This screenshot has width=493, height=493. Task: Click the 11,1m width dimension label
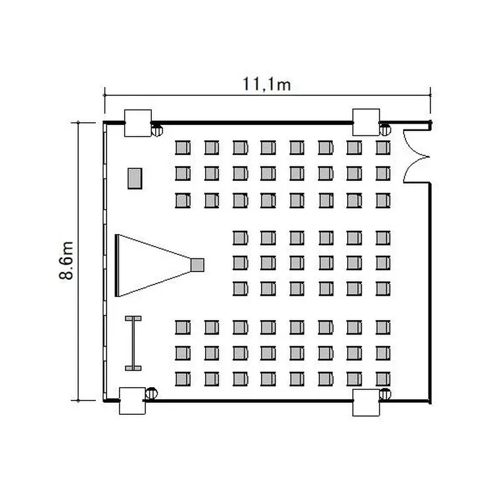[266, 84]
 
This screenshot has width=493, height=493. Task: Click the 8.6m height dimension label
[66, 261]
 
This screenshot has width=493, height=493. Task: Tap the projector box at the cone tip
[197, 265]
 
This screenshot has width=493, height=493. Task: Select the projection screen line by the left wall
[117, 266]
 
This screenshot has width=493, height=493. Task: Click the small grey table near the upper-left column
[135, 179]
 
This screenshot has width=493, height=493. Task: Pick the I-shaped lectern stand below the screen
[133, 343]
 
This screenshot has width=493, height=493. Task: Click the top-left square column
[138, 123]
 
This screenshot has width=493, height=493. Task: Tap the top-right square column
[366, 122]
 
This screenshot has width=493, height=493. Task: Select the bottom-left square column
[132, 401]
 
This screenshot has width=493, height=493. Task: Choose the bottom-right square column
[366, 403]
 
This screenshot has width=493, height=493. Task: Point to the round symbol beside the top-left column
[157, 130]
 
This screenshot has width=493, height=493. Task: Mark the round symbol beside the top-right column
[385, 129]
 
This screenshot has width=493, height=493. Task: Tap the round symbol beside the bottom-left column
[152, 393]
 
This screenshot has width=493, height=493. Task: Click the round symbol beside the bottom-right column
[385, 394]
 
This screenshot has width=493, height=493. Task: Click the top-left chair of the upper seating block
[183, 147]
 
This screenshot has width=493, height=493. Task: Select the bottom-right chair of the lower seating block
[383, 379]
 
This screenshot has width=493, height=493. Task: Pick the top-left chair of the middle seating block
[241, 238]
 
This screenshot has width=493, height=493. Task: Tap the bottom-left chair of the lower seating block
[183, 379]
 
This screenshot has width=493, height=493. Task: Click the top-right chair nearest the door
[383, 147]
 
